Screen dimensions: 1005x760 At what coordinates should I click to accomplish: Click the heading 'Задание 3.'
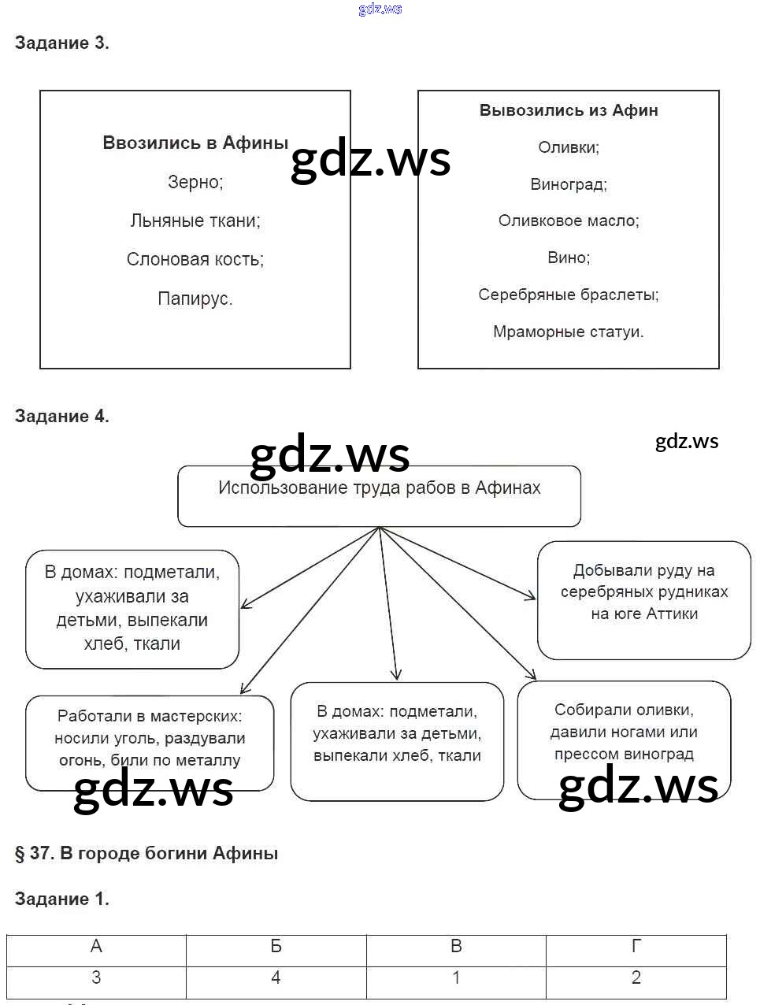pyautogui.click(x=61, y=43)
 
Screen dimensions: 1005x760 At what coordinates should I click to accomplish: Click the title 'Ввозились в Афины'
pyautogui.click(x=195, y=143)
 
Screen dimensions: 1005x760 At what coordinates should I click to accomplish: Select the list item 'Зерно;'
pyautogui.click(x=195, y=182)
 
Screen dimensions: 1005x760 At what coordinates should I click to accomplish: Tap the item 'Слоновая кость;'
pyautogui.click(x=195, y=259)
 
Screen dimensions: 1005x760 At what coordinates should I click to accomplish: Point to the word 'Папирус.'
pyautogui.click(x=195, y=299)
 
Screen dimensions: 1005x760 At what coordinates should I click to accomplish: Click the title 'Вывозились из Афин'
pyautogui.click(x=569, y=110)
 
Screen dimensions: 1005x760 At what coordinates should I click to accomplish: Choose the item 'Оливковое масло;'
pyautogui.click(x=569, y=221)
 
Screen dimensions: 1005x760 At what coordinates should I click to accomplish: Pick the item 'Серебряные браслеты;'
pyautogui.click(x=569, y=295)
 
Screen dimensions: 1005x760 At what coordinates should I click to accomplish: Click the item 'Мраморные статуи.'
pyautogui.click(x=569, y=332)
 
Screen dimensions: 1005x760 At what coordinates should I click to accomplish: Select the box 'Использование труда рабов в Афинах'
pyautogui.click(x=379, y=496)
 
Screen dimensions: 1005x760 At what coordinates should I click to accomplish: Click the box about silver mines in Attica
pyautogui.click(x=644, y=599)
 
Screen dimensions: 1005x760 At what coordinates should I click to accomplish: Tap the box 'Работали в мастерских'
pyautogui.click(x=150, y=743)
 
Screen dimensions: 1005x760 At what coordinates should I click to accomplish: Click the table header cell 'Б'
pyautogui.click(x=276, y=947)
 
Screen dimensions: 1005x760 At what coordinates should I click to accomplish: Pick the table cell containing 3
pyautogui.click(x=96, y=978)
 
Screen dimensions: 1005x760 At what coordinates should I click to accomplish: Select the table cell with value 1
pyautogui.click(x=456, y=978)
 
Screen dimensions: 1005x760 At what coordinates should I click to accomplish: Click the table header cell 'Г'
pyautogui.click(x=636, y=947)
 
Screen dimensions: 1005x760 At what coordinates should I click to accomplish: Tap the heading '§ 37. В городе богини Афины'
pyautogui.click(x=146, y=853)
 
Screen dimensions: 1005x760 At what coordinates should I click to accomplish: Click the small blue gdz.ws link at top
pyautogui.click(x=380, y=9)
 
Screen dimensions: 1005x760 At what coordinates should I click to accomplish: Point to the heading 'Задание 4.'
pyautogui.click(x=61, y=416)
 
